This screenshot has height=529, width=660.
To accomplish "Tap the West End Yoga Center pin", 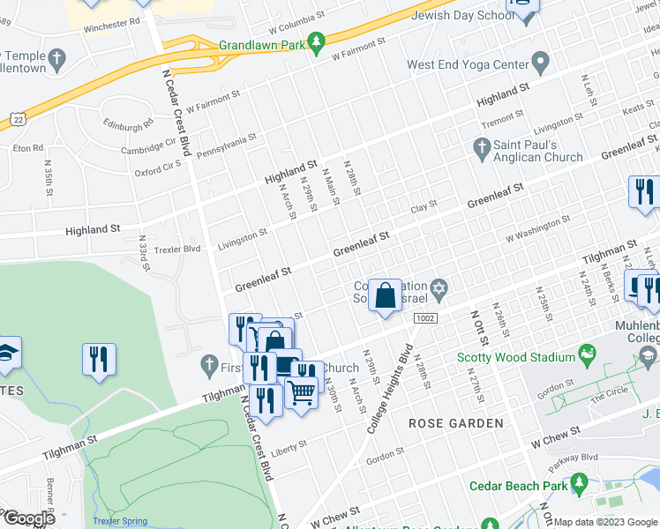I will [541, 64].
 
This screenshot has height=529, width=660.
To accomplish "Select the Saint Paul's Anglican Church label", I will [538, 151].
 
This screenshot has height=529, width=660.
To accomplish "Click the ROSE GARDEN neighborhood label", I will [456, 423].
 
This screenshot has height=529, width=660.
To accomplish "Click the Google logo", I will [29, 518].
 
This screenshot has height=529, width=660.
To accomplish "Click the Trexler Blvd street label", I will [178, 249].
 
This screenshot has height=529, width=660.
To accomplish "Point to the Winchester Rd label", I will [112, 26].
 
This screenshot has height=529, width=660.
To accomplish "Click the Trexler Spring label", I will [120, 521].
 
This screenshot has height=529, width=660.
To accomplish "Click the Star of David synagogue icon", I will [438, 288].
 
